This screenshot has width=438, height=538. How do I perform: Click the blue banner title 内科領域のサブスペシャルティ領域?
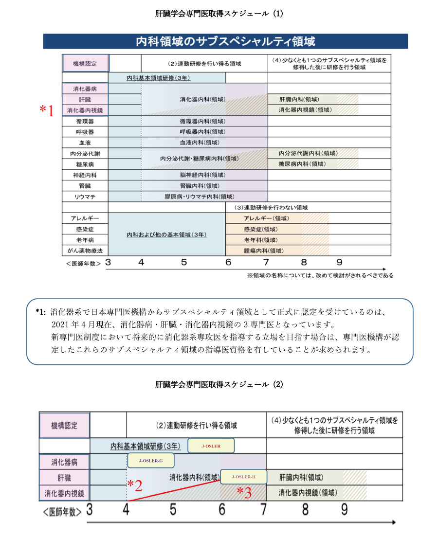[x=225, y=41]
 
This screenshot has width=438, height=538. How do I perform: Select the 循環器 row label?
[x=85, y=121]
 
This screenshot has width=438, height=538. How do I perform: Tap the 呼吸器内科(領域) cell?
[x=202, y=132]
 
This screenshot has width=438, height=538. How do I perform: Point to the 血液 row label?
[x=85, y=143]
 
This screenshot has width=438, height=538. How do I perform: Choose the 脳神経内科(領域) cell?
[x=202, y=175]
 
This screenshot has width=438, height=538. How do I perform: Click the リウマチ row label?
[x=85, y=197]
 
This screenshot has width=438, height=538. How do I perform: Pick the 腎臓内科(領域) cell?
[x=202, y=186]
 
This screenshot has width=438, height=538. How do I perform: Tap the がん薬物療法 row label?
[x=85, y=251]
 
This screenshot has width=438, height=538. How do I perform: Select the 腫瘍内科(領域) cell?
[x=263, y=251]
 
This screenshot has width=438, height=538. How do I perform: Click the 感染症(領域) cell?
[x=260, y=229]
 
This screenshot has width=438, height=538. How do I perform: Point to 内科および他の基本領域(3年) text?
[x=166, y=234]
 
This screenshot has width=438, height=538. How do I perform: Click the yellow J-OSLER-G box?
[x=150, y=461]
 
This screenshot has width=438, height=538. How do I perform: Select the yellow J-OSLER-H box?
[x=243, y=476]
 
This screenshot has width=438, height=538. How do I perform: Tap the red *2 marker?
[x=134, y=485]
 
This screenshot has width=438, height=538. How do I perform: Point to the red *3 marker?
[x=244, y=492]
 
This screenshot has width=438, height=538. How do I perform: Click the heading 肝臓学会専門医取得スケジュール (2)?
[x=219, y=384]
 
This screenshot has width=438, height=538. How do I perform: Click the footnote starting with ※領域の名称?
[x=320, y=275]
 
